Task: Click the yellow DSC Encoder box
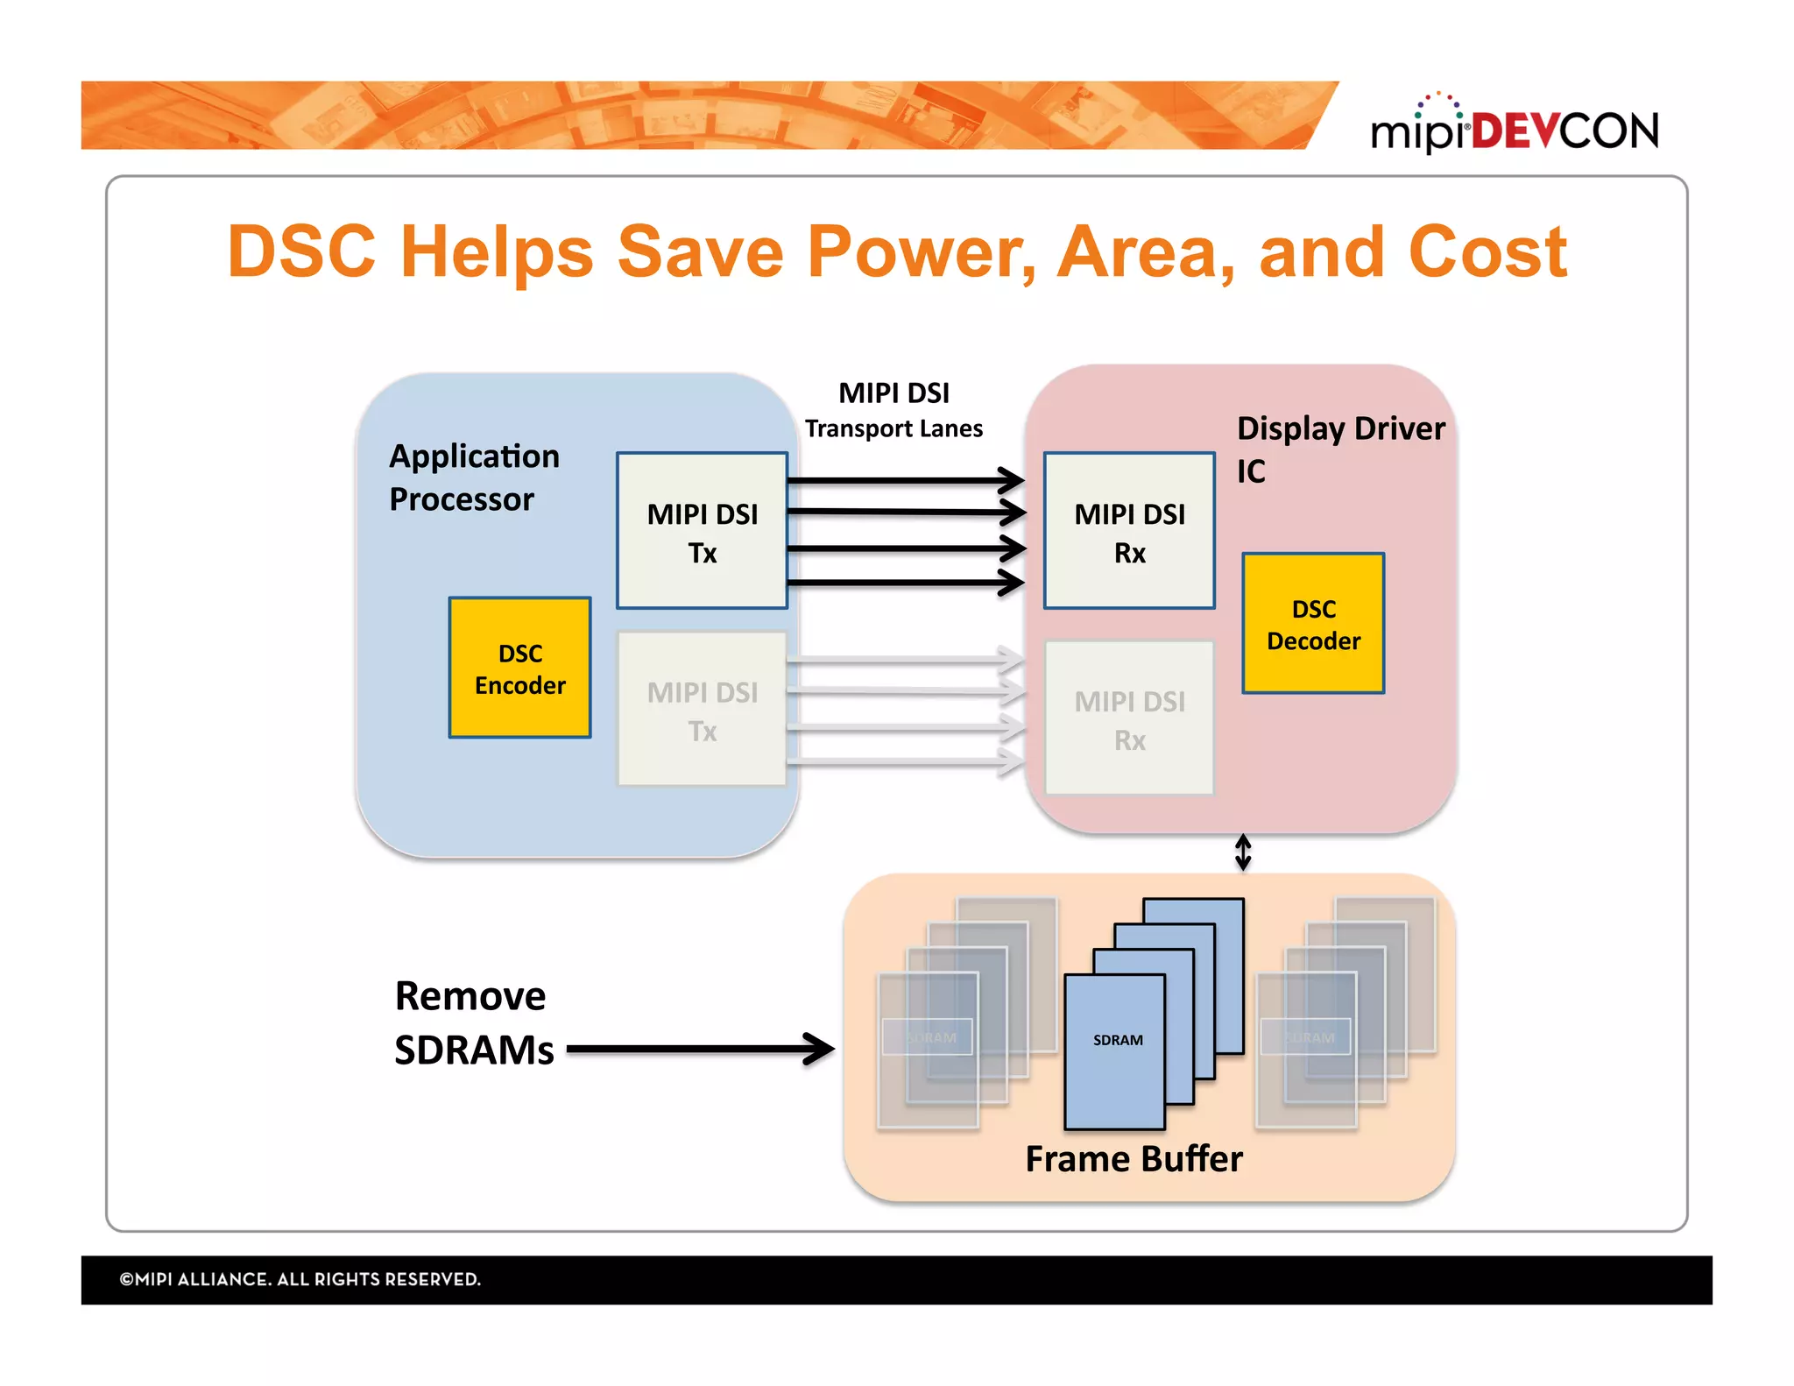(519, 668)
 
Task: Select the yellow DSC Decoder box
(1312, 623)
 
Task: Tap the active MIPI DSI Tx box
(702, 531)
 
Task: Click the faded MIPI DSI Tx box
(702, 710)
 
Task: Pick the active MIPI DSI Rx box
(1128, 531)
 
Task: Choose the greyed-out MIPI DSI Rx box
(1128, 718)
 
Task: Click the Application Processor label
(473, 477)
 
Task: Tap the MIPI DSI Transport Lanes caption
(893, 409)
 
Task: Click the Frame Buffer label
(1134, 1158)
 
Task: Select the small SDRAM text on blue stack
(1117, 1040)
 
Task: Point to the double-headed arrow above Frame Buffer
(1242, 852)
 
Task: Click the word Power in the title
(920, 252)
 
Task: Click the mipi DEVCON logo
(1514, 128)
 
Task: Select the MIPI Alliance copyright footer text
(300, 1279)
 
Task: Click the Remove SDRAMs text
(473, 1022)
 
